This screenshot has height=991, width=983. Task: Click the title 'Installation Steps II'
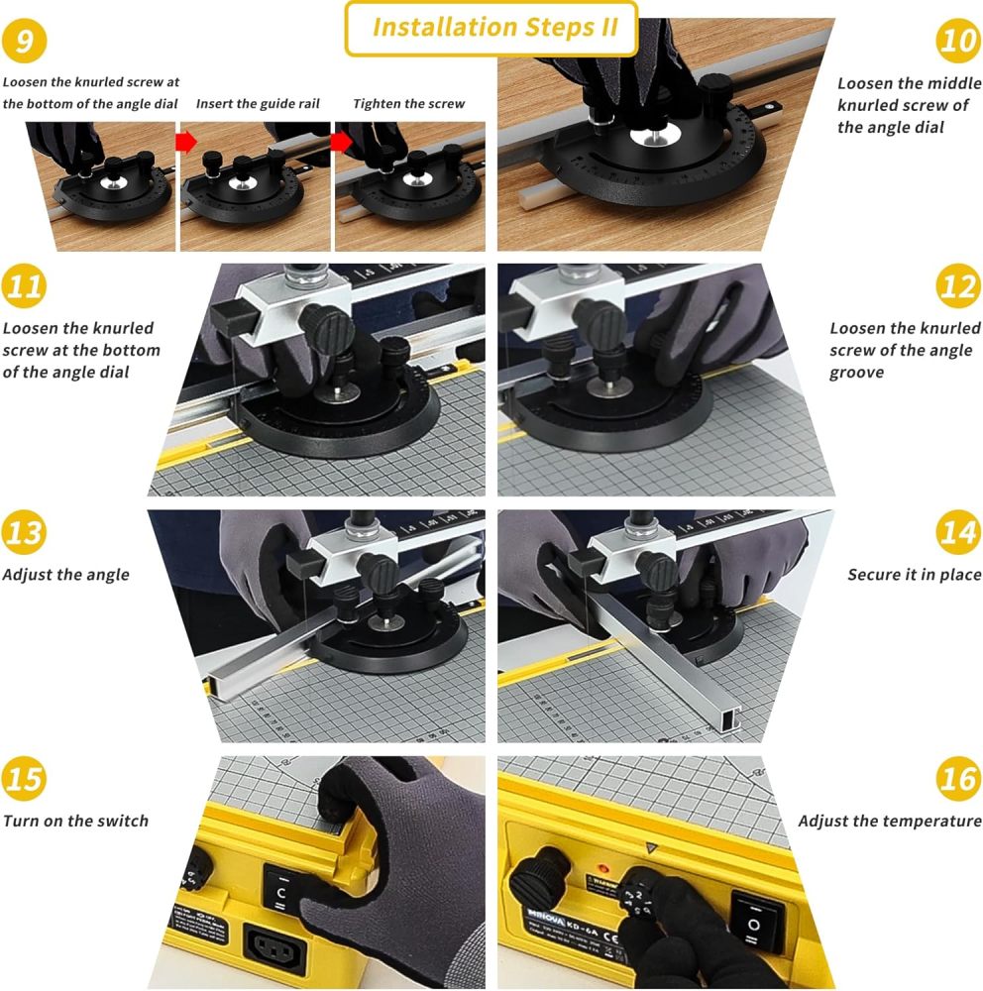[492, 28]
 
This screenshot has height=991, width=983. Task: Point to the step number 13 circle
[25, 533]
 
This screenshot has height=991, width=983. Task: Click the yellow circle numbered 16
[957, 779]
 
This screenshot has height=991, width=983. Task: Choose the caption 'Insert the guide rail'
[258, 104]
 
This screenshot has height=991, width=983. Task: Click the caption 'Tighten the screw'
[408, 104]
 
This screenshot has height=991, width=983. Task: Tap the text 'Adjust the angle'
[65, 575]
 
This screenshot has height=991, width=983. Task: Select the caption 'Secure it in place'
[914, 575]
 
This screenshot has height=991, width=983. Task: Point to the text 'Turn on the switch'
[75, 821]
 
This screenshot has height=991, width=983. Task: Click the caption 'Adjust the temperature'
[889, 821]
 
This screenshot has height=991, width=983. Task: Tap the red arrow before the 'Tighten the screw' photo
[341, 142]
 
